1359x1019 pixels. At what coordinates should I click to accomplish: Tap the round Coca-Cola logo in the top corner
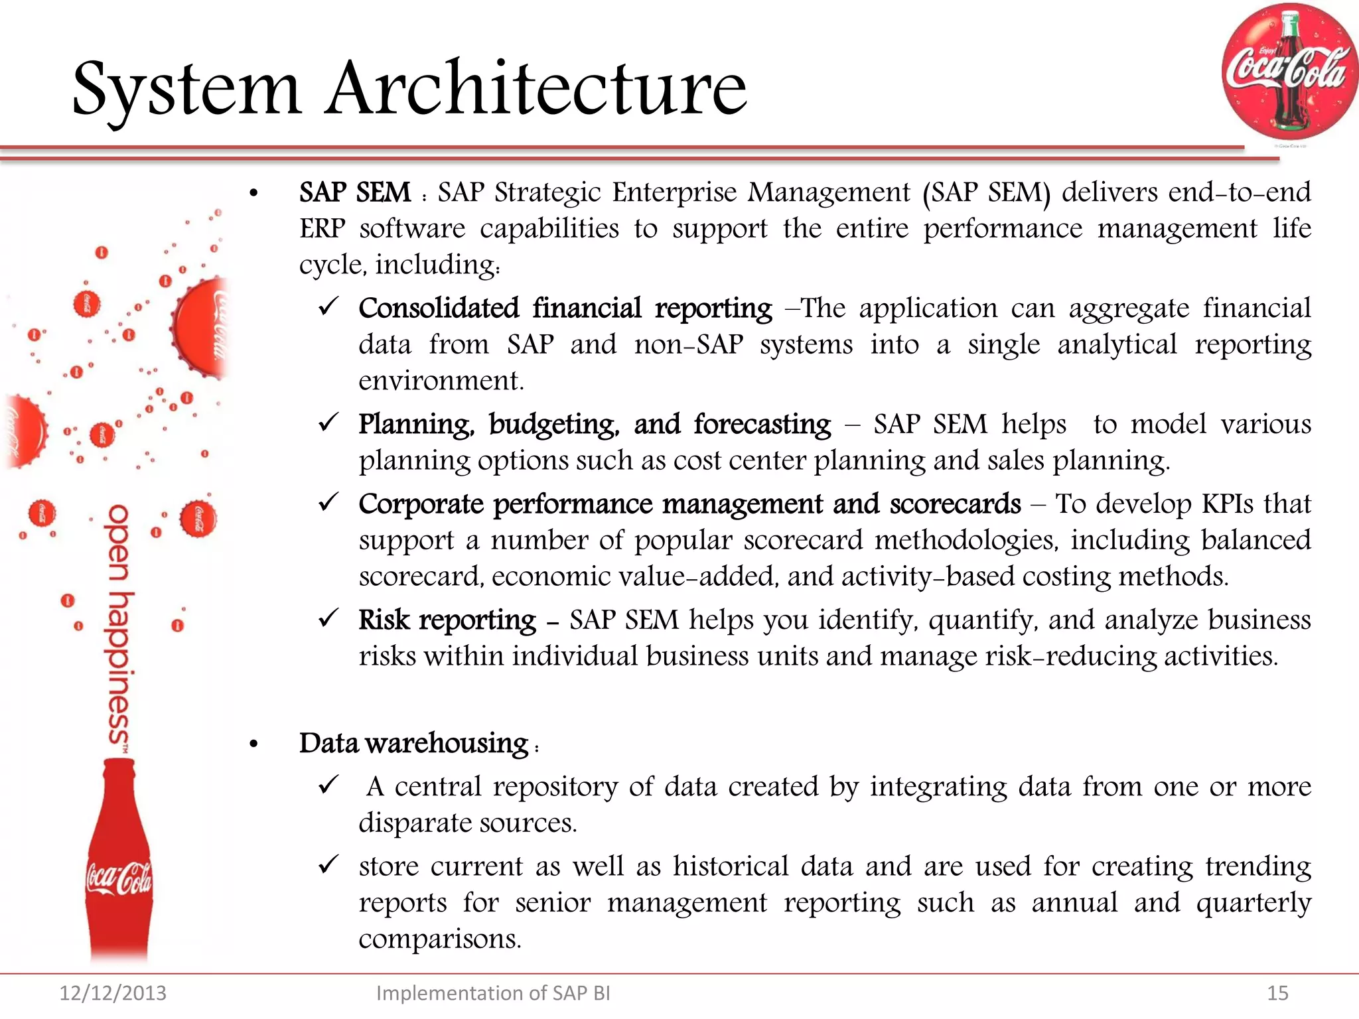[1288, 72]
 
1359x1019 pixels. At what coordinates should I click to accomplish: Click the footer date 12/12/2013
[113, 993]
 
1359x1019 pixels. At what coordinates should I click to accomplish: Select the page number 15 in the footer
[1277, 993]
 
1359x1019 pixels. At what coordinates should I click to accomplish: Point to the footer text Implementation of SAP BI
[492, 993]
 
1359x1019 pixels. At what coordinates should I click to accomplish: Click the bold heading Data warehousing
[413, 743]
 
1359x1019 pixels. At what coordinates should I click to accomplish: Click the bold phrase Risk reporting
[447, 620]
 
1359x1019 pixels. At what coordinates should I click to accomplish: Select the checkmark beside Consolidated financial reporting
[329, 306]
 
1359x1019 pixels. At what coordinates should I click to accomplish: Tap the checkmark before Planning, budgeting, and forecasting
[329, 422]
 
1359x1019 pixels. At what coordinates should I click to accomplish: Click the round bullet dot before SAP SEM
[253, 194]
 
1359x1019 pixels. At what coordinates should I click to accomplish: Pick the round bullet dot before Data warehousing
[253, 744]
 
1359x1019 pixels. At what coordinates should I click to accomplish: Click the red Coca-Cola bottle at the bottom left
[119, 862]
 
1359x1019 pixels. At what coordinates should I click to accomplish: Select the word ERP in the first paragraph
[322, 229]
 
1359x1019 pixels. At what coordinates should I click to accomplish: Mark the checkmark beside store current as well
[329, 864]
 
